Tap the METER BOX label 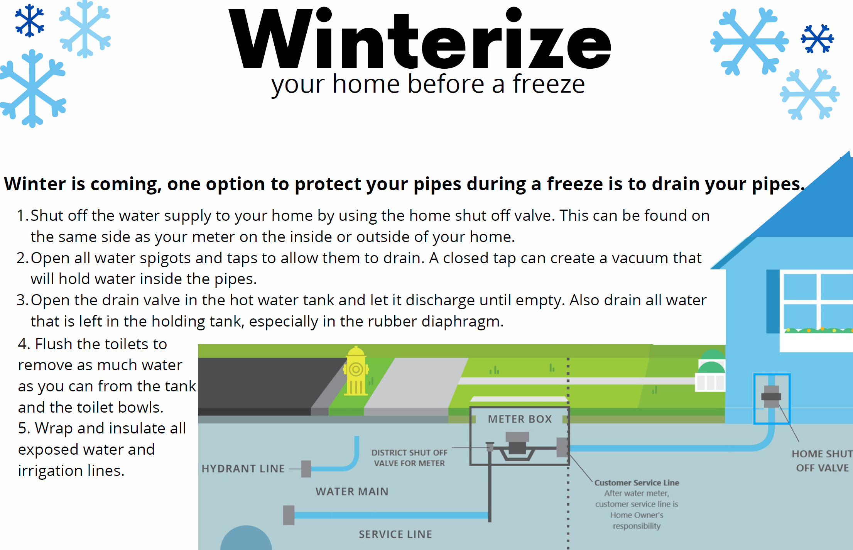coord(520,419)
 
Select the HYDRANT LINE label coord(243,469)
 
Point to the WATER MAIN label coord(352,491)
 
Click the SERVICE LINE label coord(395,534)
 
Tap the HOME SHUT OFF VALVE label coord(822,461)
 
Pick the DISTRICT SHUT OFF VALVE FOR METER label coord(409,458)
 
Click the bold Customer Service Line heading coord(637,482)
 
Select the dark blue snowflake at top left coord(29,21)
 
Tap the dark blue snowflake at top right coord(817,38)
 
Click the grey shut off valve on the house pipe coord(771,396)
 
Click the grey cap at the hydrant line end coord(306,469)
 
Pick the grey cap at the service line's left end coord(289,515)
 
